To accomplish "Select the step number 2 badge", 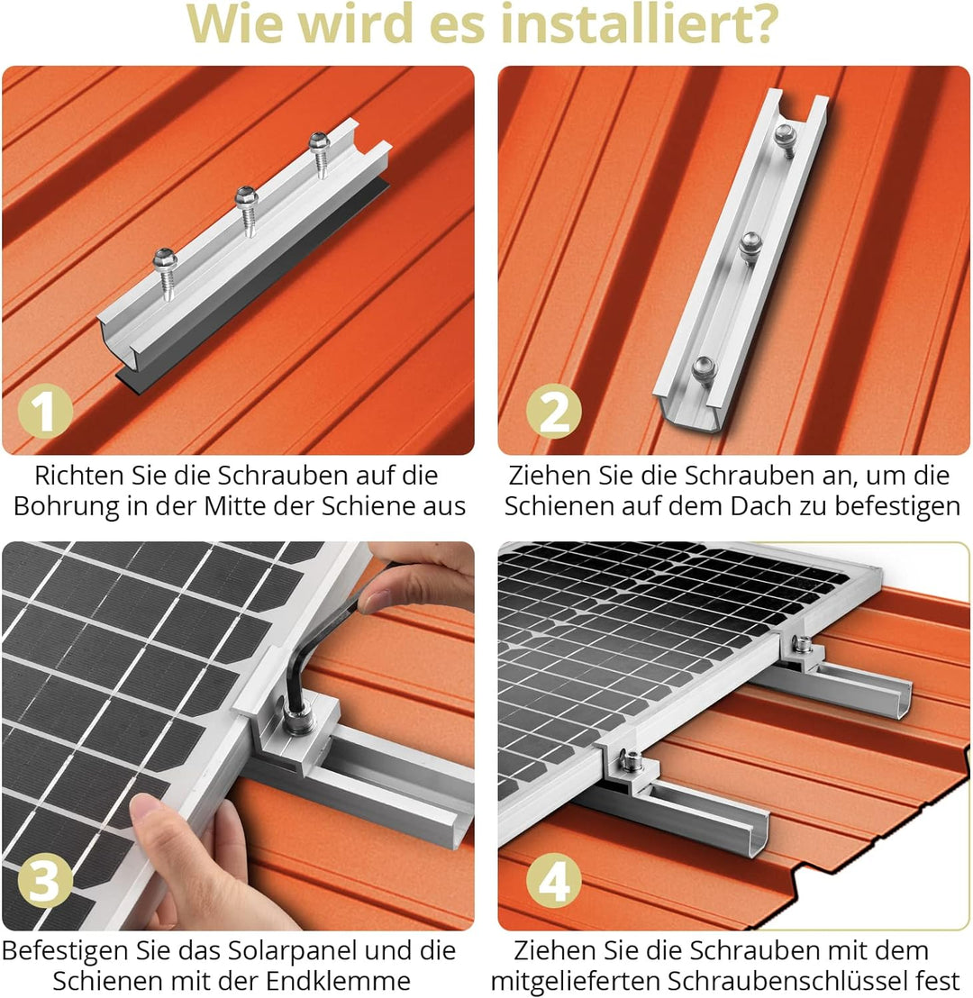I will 554,413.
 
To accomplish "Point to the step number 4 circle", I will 554,883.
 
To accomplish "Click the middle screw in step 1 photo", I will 247,200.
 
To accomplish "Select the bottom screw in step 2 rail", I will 704,367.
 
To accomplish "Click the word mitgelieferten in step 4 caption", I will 577,981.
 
